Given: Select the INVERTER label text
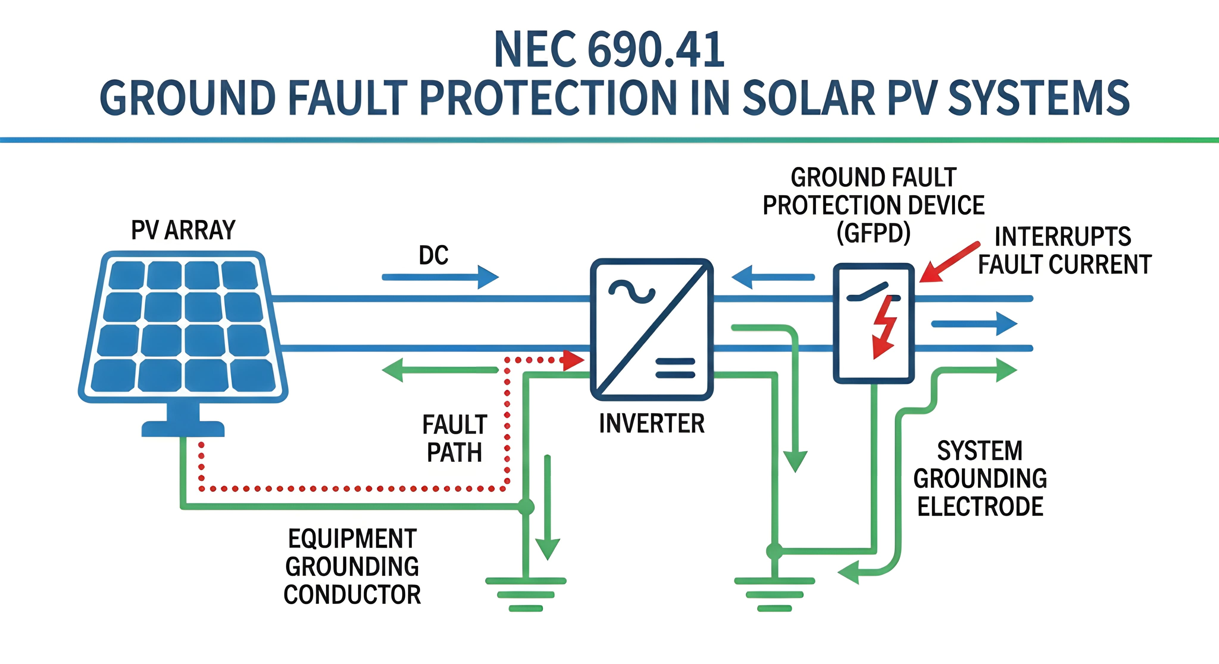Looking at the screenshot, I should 652,423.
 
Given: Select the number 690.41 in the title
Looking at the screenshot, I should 656,50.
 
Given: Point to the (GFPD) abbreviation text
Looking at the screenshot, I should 873,233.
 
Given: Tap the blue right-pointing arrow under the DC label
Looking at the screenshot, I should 440,277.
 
